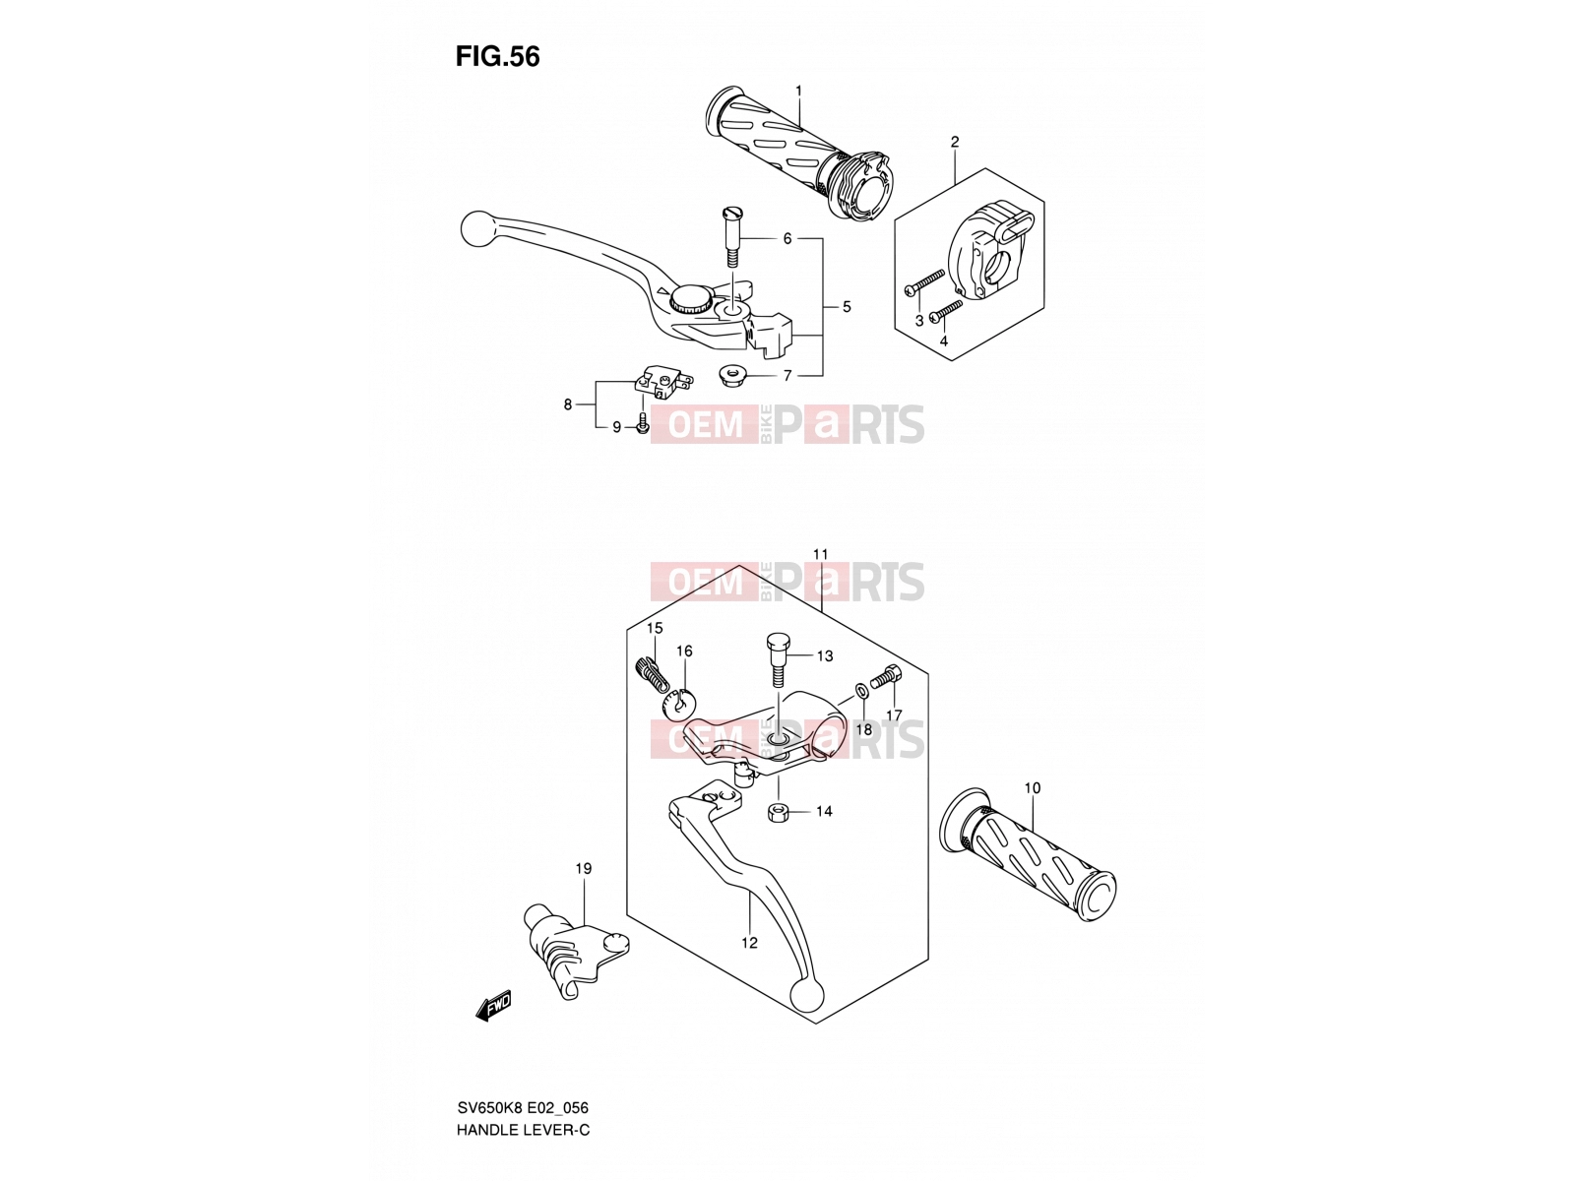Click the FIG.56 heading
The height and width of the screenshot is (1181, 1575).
click(x=497, y=57)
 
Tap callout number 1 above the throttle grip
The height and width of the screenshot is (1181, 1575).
click(x=798, y=92)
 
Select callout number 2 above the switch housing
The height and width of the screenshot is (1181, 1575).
click(x=954, y=142)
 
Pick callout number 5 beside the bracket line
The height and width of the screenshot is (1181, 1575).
click(x=847, y=307)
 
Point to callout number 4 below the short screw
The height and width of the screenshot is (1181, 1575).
click(x=944, y=342)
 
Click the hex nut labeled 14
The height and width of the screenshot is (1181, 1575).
click(x=778, y=813)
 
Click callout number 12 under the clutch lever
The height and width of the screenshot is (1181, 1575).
click(x=749, y=943)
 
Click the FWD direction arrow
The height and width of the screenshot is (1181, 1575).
click(x=494, y=1005)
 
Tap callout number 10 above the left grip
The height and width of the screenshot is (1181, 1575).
click(x=1032, y=788)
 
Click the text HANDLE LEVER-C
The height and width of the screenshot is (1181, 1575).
click(x=523, y=1130)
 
